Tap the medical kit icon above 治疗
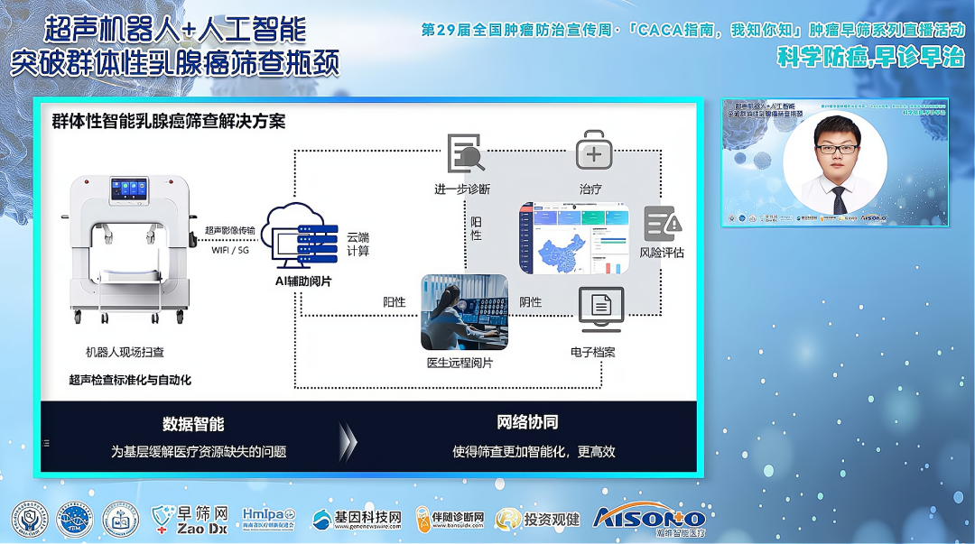593,151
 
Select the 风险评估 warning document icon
663,224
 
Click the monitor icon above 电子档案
600,309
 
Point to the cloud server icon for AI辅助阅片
302,236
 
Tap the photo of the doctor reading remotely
464,312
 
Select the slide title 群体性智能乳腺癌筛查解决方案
169,121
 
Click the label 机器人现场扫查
125,352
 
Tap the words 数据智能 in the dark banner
193,423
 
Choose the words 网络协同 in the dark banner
527,422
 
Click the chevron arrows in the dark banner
348,439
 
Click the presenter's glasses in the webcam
836,148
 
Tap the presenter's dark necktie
840,200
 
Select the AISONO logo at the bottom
649,518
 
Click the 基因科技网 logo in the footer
356,520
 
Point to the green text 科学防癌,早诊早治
870,58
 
